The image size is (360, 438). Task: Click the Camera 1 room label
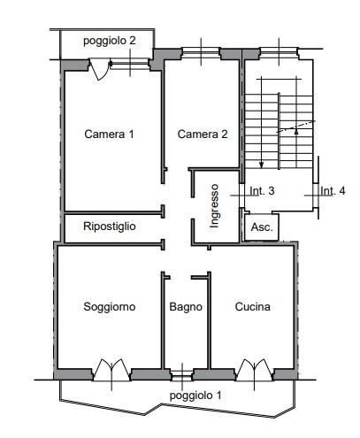click(x=109, y=134)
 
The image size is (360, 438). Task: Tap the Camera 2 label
click(x=203, y=134)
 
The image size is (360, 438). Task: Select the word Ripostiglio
click(x=109, y=227)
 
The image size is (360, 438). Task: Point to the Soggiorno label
click(x=109, y=307)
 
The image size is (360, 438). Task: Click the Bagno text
click(x=186, y=307)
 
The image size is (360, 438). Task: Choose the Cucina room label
click(x=252, y=307)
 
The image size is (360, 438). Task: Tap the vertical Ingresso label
click(x=214, y=205)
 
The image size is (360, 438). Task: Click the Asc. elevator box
click(x=262, y=227)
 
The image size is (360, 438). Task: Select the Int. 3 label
click(x=262, y=190)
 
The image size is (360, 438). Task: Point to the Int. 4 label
click(x=333, y=190)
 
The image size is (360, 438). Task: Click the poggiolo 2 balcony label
click(x=109, y=40)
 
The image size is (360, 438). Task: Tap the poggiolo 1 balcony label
click(x=195, y=396)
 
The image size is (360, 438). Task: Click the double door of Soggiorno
click(x=112, y=369)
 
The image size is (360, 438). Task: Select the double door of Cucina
click(x=255, y=369)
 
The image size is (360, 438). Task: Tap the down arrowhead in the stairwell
click(x=262, y=164)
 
